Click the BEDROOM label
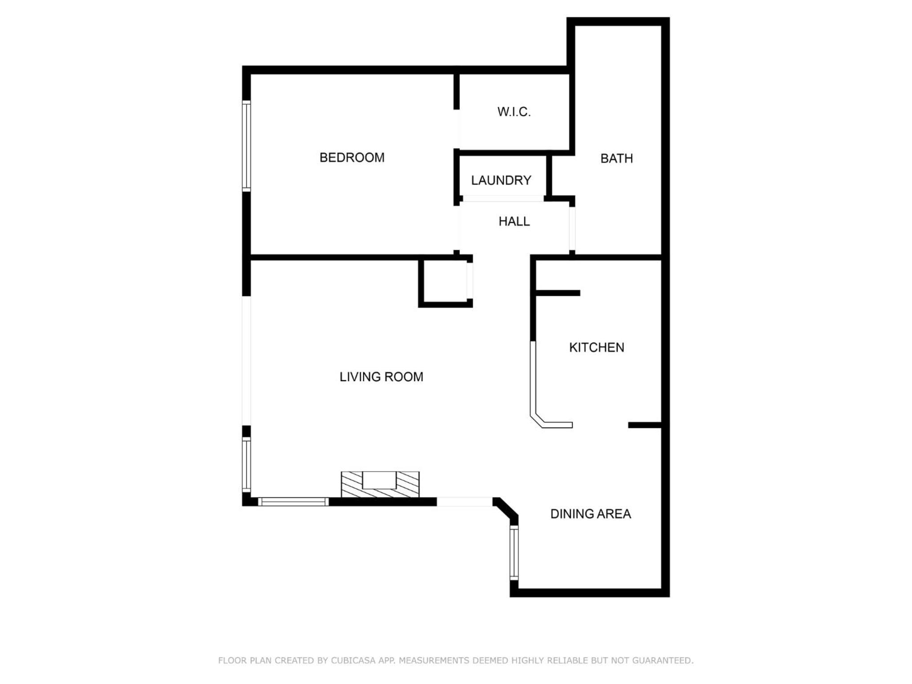pos(352,158)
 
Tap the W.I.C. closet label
pos(514,112)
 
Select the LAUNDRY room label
pos(501,180)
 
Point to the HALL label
pos(514,221)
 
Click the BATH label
pos(616,159)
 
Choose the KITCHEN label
pos(597,347)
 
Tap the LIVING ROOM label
pos(381,377)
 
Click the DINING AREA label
pos(590,514)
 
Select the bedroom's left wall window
pos(246,146)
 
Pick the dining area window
pos(514,553)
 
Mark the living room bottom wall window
pos(293,502)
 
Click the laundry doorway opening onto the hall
pos(503,199)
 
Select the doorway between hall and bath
pos(572,229)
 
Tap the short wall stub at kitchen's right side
pos(645,425)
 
